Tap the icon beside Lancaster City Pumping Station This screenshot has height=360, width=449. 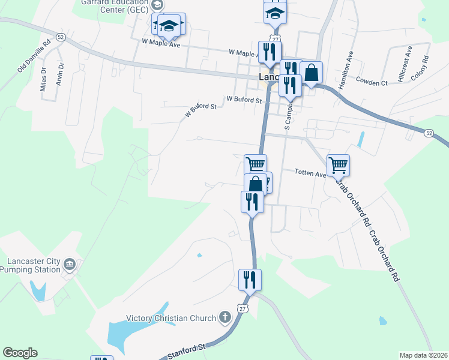click(70, 265)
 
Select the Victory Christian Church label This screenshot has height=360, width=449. click(170, 318)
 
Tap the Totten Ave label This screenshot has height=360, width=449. click(310, 173)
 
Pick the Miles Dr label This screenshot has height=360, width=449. click(43, 79)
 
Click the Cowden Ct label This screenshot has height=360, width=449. click(371, 82)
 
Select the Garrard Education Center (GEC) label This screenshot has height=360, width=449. click(114, 6)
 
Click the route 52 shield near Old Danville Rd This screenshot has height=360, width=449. click(61, 37)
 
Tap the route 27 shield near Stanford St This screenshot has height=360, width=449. click(243, 308)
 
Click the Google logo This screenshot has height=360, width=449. click(20, 353)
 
